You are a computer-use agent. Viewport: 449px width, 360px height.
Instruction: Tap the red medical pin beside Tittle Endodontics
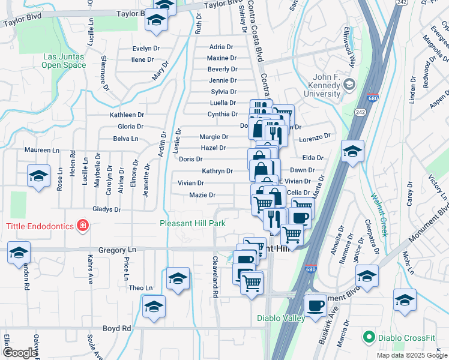tap(82, 226)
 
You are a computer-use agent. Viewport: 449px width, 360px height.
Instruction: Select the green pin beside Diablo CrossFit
tap(369, 337)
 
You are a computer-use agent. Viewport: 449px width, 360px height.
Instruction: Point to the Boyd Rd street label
tap(117, 328)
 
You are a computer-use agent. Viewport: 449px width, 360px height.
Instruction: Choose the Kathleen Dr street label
tap(127, 115)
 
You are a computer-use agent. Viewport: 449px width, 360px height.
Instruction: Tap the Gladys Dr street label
tap(107, 209)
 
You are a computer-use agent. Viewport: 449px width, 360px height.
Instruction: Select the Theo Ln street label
tap(140, 288)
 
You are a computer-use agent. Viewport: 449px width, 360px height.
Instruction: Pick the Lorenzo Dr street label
tap(315, 138)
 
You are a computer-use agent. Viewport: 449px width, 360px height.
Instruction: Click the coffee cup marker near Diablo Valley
tap(315, 306)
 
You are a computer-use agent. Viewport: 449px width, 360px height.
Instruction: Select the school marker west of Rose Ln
tap(38, 176)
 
